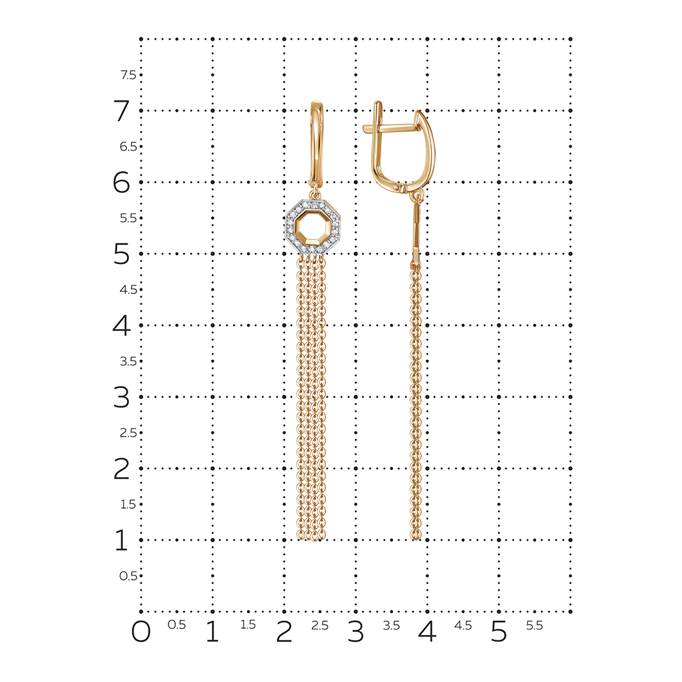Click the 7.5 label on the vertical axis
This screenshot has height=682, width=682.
point(128,75)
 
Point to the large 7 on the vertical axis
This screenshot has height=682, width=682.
point(122,110)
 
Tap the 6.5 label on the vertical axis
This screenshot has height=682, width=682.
point(128,147)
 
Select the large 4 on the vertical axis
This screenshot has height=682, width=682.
point(121,325)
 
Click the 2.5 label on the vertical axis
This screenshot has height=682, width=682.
point(128,433)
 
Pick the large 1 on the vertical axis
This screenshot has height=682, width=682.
point(121,540)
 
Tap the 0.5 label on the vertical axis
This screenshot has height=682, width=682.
point(128,576)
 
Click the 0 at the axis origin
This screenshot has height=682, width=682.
point(141,632)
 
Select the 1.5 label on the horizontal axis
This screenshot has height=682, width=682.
point(248,625)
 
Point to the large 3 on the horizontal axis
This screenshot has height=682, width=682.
point(356,632)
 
